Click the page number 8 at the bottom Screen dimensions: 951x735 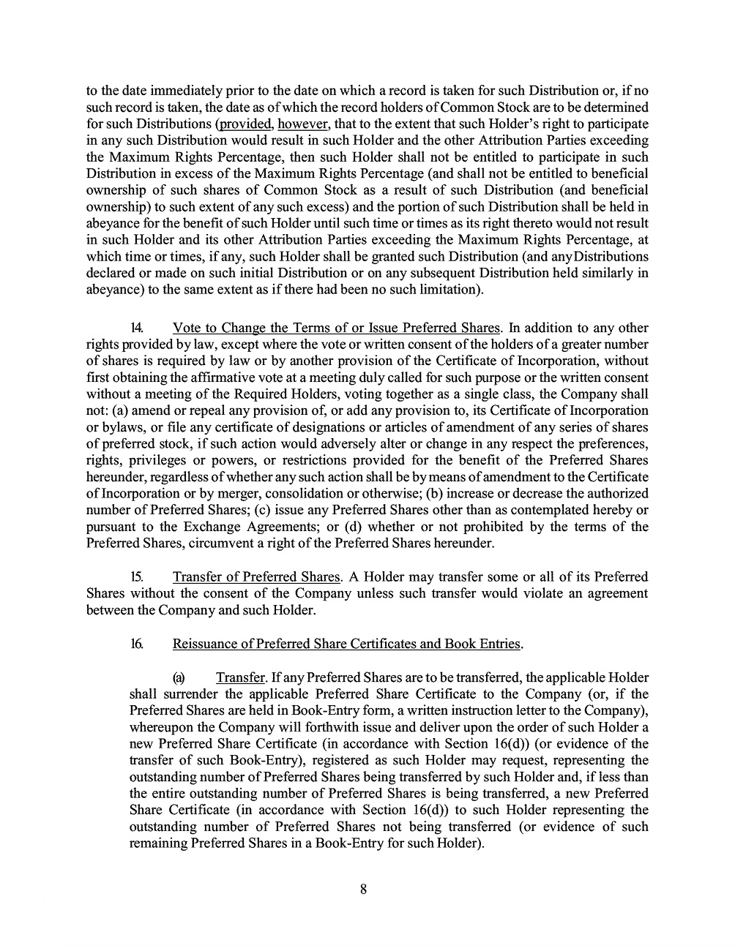coord(363,890)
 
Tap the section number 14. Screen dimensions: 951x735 coord(136,328)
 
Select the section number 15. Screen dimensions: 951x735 coord(136,577)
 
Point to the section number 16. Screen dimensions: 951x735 coord(136,644)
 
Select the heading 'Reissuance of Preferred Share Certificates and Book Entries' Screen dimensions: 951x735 coord(346,644)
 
